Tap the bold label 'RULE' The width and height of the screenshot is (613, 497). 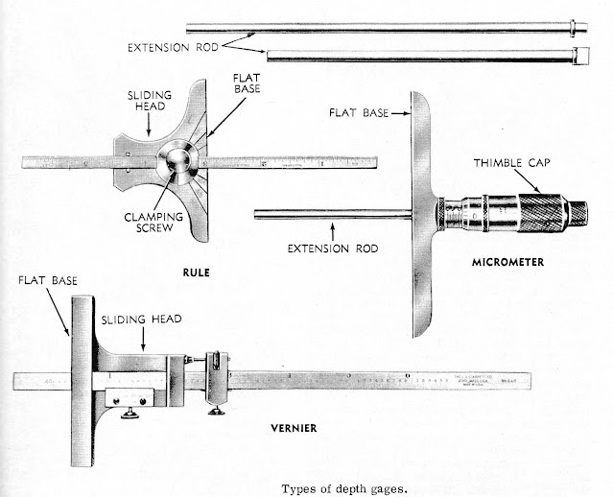click(196, 272)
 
